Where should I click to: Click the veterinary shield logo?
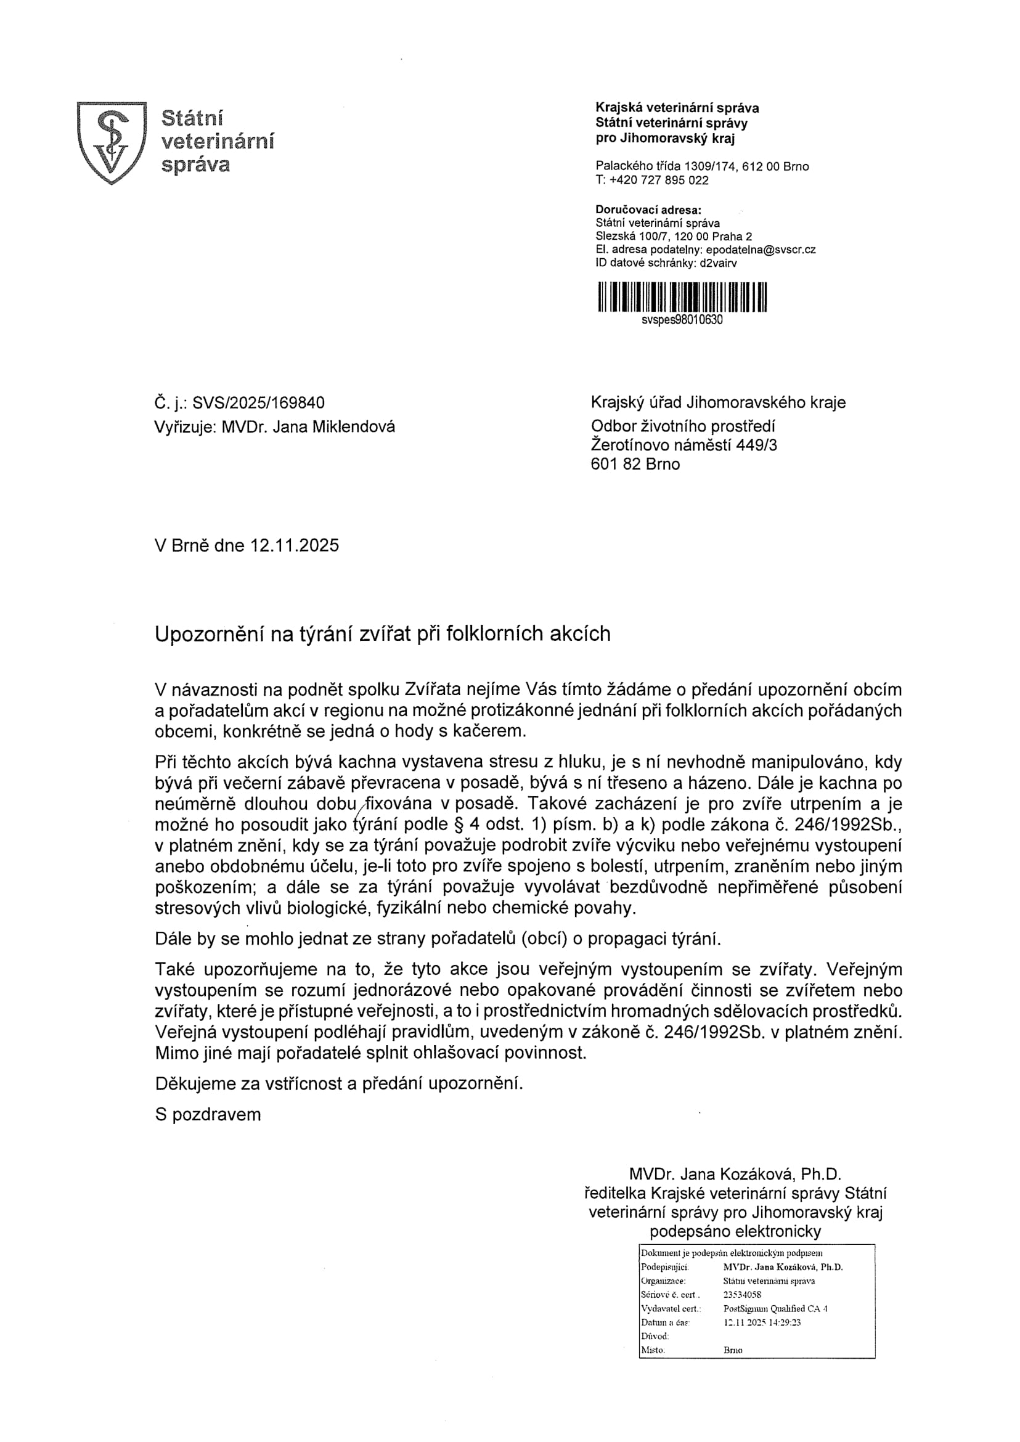pyautogui.click(x=111, y=142)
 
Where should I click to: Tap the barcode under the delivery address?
pyautogui.click(x=682, y=297)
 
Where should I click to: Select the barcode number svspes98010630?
pyautogui.click(x=682, y=320)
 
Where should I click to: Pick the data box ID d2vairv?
pyautogui.click(x=718, y=263)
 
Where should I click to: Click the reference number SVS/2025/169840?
pyautogui.click(x=258, y=402)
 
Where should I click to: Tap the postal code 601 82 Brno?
pyautogui.click(x=635, y=464)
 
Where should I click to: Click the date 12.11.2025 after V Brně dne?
pyautogui.click(x=294, y=545)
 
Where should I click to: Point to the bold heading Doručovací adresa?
pyautogui.click(x=648, y=210)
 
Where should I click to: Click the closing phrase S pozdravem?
pyautogui.click(x=207, y=1115)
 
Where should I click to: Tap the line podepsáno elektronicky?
pyautogui.click(x=735, y=1231)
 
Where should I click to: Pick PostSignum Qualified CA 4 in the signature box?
pyautogui.click(x=775, y=1308)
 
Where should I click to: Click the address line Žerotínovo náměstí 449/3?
pyautogui.click(x=683, y=446)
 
